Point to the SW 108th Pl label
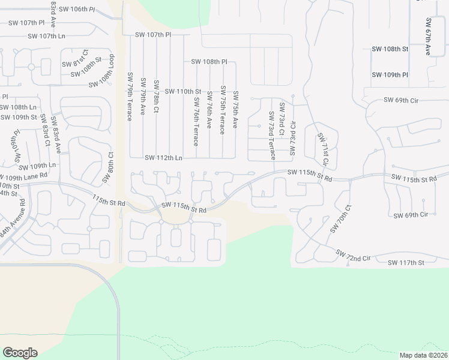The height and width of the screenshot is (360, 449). [209, 62]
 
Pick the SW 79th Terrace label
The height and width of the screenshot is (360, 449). [129, 97]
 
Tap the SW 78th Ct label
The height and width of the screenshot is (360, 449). [156, 98]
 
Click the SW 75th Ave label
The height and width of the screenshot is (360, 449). [235, 109]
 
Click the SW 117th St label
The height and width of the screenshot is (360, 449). [406, 263]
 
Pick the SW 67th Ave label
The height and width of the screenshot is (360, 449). [429, 37]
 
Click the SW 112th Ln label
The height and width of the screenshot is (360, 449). [163, 158]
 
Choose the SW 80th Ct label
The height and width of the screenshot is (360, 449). [111, 162]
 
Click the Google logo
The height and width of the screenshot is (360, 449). [20, 353]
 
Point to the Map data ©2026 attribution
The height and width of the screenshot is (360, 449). [423, 355]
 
